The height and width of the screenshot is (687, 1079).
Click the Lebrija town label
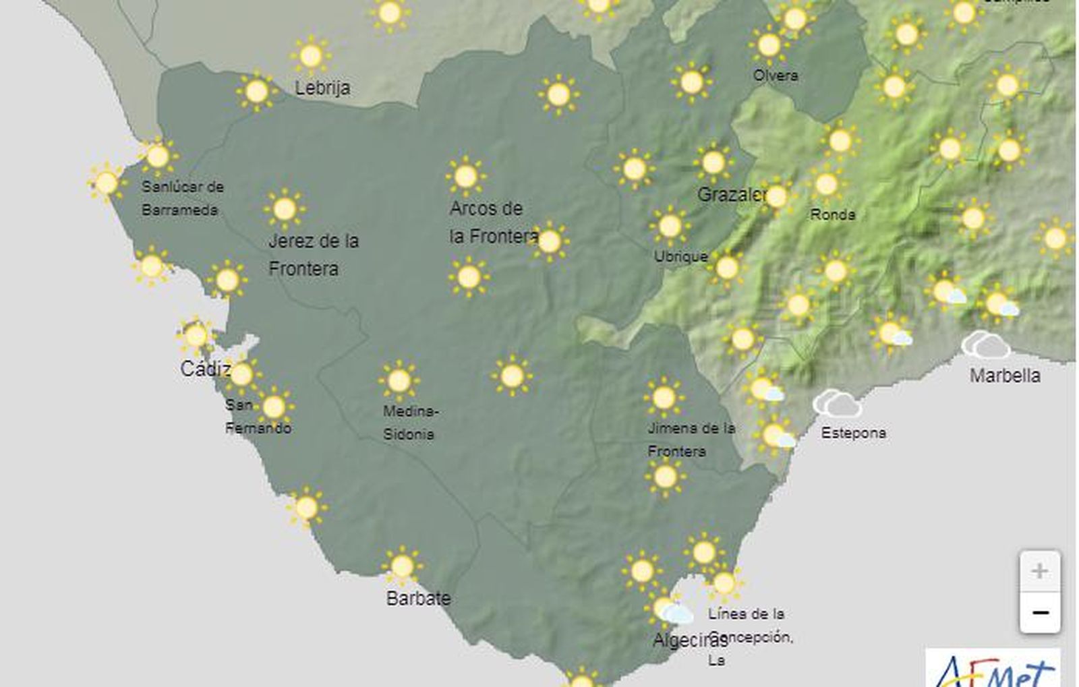(x=322, y=88)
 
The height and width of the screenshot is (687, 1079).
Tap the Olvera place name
(x=776, y=76)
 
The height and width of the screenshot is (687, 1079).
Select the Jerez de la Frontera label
(x=313, y=254)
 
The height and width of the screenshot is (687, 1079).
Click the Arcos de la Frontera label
(x=492, y=222)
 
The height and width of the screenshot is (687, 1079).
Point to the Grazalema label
(x=731, y=196)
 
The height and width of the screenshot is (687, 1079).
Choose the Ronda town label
(x=832, y=214)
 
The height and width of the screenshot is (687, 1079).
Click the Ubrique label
(x=680, y=256)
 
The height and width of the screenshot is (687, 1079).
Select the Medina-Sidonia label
(x=410, y=423)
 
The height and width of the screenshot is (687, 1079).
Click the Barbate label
(x=418, y=598)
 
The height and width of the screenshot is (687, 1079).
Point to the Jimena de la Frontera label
(x=691, y=439)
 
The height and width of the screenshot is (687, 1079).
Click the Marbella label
(x=1005, y=376)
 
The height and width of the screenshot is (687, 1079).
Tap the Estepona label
(x=853, y=433)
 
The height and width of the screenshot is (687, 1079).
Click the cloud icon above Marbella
(x=986, y=345)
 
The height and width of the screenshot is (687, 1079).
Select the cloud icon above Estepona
(x=837, y=403)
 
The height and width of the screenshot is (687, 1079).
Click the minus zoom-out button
(x=1039, y=612)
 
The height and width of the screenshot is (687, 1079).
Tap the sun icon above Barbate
(x=402, y=566)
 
